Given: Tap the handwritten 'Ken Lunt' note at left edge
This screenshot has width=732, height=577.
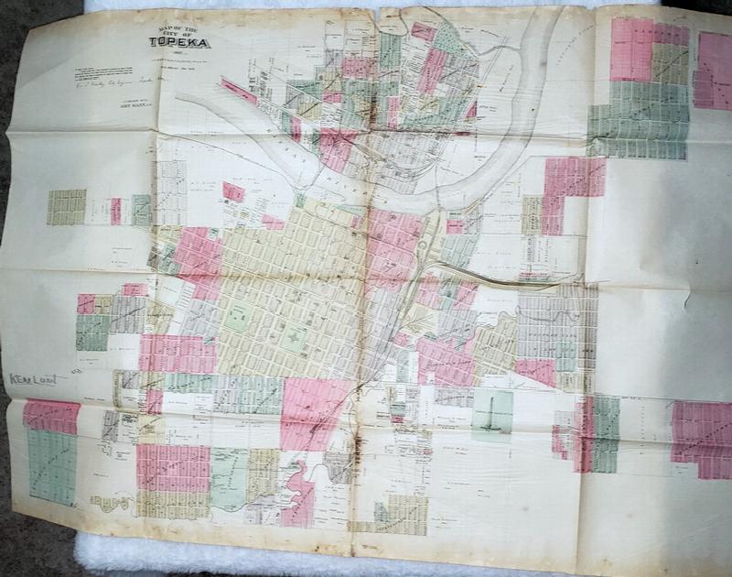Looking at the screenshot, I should [32, 378].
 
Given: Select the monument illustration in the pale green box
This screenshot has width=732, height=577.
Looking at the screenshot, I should [492, 413].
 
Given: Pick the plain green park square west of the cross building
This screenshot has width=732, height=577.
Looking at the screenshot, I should [237, 317].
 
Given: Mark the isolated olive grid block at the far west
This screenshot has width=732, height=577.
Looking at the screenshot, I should [66, 207].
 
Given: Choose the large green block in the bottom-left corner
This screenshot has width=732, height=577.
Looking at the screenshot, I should [51, 467].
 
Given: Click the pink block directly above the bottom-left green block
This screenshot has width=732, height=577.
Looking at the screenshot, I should [51, 416].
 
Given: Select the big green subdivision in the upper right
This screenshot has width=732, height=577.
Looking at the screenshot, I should [638, 119].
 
